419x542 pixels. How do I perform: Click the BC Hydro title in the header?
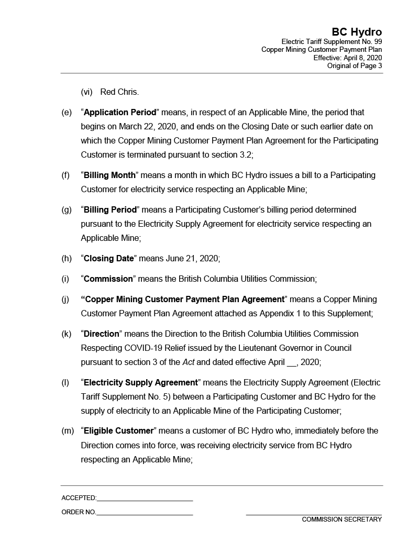coord(356,32)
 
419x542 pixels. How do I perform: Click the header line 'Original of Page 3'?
coord(354,66)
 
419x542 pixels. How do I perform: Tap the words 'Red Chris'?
coord(119,92)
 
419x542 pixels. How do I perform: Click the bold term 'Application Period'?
coord(120,113)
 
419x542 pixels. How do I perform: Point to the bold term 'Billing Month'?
coord(109,175)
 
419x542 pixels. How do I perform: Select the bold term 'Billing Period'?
coord(110,209)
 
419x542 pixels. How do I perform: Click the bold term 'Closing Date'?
coord(108,258)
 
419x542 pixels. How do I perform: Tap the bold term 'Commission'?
coord(108,279)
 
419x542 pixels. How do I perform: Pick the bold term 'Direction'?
coord(102,334)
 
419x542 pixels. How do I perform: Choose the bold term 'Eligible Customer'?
coord(118,431)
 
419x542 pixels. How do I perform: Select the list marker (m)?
coord(68,431)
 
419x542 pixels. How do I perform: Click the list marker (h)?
coord(67,258)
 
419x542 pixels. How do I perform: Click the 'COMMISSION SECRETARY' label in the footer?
coord(341,519)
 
